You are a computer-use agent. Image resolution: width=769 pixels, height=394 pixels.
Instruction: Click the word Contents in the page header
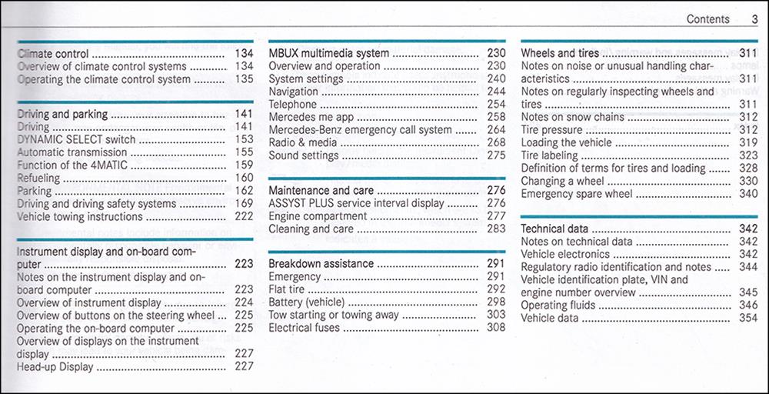click(x=707, y=19)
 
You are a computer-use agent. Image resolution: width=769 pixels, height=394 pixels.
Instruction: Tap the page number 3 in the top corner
click(x=754, y=19)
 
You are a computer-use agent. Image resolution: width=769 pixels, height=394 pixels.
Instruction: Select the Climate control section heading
click(x=53, y=53)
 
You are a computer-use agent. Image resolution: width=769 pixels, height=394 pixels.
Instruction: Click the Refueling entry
click(x=38, y=178)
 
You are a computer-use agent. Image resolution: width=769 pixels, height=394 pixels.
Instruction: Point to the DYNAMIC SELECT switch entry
click(x=76, y=139)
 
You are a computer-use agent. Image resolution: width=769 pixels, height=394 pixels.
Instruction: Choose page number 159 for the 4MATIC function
click(x=244, y=165)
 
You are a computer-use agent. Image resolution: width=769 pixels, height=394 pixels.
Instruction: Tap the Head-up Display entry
click(x=55, y=366)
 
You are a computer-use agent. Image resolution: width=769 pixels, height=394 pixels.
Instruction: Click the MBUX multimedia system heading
click(x=328, y=53)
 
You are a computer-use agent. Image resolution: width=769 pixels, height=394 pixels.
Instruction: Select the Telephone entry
click(x=293, y=104)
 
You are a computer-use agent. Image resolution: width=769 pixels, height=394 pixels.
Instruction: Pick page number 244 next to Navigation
click(x=496, y=92)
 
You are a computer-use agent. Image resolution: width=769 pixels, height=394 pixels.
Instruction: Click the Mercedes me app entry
click(x=311, y=117)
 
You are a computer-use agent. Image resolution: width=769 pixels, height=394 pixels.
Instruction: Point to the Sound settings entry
click(x=304, y=155)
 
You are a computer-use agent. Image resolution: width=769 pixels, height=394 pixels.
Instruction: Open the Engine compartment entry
click(x=318, y=216)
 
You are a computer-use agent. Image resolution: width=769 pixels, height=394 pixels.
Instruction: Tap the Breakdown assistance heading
click(x=321, y=263)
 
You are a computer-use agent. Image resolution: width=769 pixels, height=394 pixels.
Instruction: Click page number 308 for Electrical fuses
click(x=496, y=327)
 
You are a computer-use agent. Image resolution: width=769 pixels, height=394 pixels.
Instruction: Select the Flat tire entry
click(x=286, y=289)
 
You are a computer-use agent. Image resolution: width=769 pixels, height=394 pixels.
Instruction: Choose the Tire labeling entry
click(x=549, y=155)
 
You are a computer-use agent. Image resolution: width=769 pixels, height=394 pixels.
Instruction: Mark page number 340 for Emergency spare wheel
click(x=748, y=194)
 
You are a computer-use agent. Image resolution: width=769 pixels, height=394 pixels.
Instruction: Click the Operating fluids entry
click(x=558, y=306)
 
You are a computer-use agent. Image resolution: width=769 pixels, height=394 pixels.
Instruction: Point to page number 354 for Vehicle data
click(x=748, y=318)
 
